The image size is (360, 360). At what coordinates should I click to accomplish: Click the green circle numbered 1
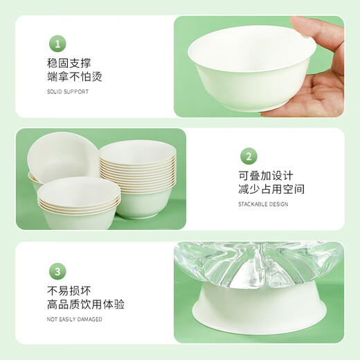tap(58, 44)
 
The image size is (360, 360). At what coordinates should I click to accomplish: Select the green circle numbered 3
tap(58, 271)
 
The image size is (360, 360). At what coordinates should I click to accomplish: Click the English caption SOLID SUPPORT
tap(68, 91)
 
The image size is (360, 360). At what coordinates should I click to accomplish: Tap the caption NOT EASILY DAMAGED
tap(75, 319)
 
